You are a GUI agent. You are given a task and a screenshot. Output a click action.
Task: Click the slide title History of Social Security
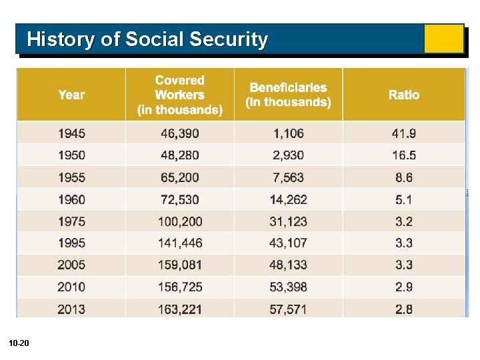pyautogui.click(x=147, y=39)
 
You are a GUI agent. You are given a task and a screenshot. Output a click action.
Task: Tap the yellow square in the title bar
pyautogui.click(x=443, y=39)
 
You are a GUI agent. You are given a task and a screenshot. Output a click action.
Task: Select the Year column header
pyautogui.click(x=71, y=95)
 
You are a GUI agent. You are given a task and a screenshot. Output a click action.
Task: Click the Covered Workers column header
pyautogui.click(x=180, y=95)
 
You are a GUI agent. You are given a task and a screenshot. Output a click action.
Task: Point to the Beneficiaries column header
pyautogui.click(x=288, y=95)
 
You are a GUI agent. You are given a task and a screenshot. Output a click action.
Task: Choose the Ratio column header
pyautogui.click(x=404, y=95)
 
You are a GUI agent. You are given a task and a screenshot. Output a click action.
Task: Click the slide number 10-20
pyautogui.click(x=19, y=343)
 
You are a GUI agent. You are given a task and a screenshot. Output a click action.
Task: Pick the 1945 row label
pyautogui.click(x=71, y=133)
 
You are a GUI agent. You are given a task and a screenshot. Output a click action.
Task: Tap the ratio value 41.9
pyautogui.click(x=404, y=133)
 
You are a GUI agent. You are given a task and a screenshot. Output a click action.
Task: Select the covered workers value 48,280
pyautogui.click(x=180, y=155)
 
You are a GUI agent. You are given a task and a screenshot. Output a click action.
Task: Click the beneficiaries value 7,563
pyautogui.click(x=288, y=177)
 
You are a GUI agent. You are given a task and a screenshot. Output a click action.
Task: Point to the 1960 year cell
pyautogui.click(x=71, y=199)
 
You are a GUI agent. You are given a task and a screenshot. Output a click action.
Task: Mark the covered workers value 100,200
pyautogui.click(x=180, y=221)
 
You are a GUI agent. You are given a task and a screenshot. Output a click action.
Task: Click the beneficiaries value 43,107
pyautogui.click(x=288, y=243)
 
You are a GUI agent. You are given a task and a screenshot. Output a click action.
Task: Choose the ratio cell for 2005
pyautogui.click(x=404, y=265)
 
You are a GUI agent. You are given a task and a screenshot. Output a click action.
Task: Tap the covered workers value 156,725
pyautogui.click(x=180, y=287)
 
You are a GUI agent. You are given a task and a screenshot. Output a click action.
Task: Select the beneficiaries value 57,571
pyautogui.click(x=288, y=309)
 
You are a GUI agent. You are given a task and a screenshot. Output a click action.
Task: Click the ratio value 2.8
pyautogui.click(x=404, y=309)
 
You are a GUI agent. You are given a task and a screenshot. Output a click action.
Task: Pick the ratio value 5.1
pyautogui.click(x=404, y=199)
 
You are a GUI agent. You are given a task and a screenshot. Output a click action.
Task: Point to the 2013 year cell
pyautogui.click(x=71, y=309)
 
